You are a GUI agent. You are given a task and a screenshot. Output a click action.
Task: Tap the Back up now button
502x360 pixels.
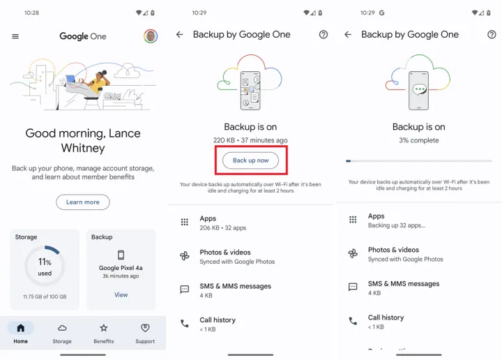point(250,160)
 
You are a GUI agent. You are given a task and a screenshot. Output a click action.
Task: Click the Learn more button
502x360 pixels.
point(83,202)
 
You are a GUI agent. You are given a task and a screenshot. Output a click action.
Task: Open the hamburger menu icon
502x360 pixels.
point(15,36)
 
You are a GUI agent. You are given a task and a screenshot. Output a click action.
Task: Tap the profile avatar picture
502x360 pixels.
point(151,36)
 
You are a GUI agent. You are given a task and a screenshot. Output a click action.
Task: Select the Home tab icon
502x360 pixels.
point(20,328)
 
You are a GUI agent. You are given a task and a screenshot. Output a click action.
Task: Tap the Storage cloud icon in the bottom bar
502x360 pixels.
point(62,328)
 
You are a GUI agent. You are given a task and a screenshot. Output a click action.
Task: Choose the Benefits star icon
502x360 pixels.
point(103,328)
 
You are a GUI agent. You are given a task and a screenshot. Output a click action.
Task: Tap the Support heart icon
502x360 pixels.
point(145,328)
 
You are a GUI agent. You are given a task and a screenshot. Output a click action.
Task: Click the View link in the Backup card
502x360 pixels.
point(121,294)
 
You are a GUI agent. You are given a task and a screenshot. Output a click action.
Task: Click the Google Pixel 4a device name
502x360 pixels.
point(121,268)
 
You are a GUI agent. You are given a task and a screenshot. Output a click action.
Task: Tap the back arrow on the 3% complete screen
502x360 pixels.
point(348,34)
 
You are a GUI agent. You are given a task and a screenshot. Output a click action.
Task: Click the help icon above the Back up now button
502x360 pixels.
point(324,34)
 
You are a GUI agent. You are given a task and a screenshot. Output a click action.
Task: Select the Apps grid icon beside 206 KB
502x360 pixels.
point(184,222)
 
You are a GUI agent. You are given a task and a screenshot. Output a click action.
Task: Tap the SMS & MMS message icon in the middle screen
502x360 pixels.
point(184,290)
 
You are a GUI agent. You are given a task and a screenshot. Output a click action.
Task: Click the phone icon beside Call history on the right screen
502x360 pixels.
point(353,321)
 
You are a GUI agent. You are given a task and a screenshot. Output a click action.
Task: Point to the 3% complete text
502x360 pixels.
point(419,140)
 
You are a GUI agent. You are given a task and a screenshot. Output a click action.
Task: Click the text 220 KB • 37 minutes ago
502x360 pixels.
point(250,140)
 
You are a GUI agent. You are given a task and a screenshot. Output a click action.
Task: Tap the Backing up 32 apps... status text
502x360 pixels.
point(397,225)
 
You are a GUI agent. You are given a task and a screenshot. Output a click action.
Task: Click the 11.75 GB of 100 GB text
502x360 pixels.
point(45,297)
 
